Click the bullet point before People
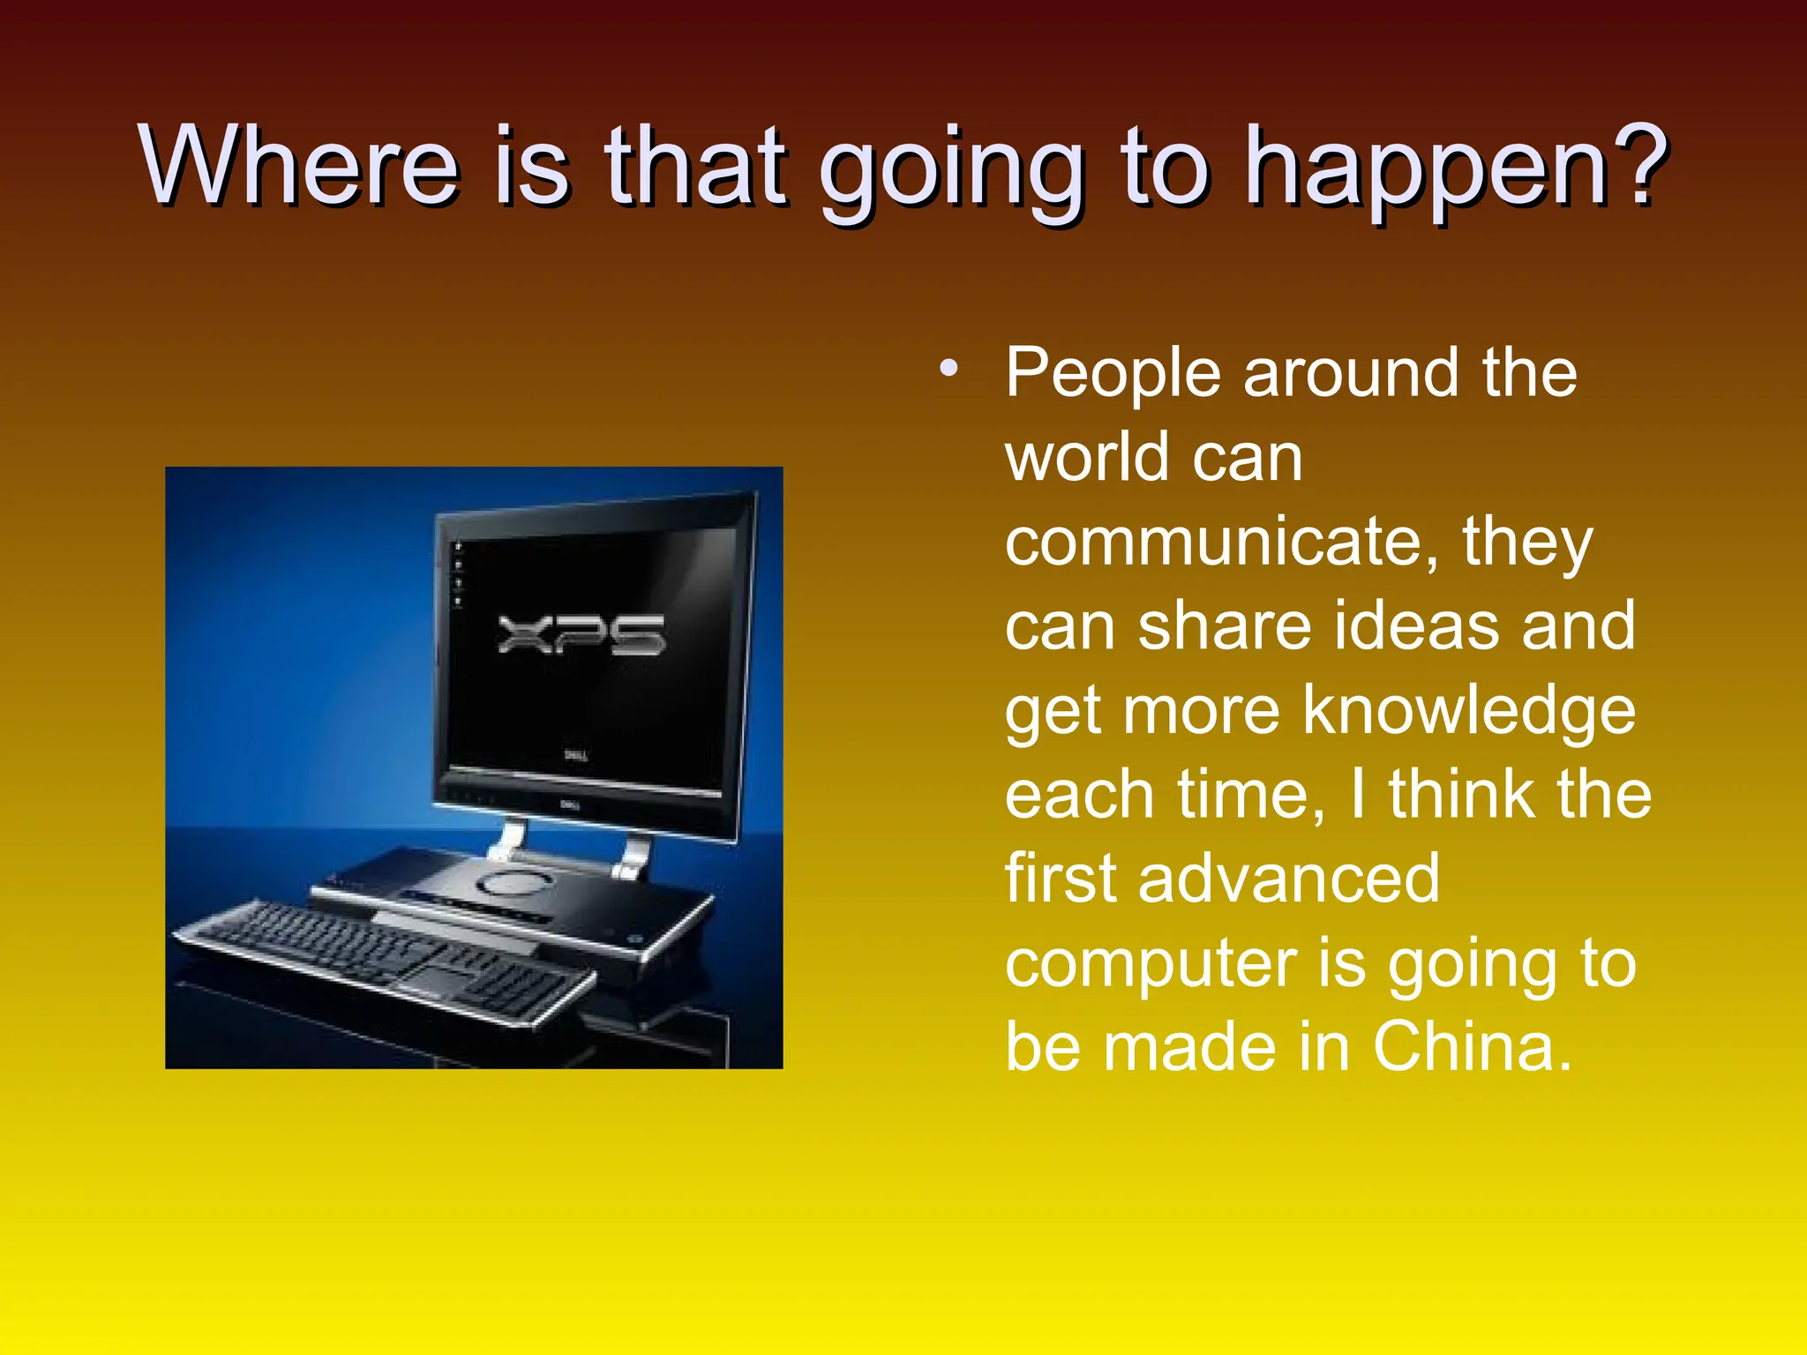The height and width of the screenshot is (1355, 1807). coord(948,369)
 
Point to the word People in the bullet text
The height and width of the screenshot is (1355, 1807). coord(1114,374)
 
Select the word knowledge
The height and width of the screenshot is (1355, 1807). coord(1469,710)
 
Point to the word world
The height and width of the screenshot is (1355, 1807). coord(1087,458)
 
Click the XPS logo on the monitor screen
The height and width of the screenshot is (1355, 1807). coord(581,634)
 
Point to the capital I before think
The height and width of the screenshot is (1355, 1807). coord(1359,794)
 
